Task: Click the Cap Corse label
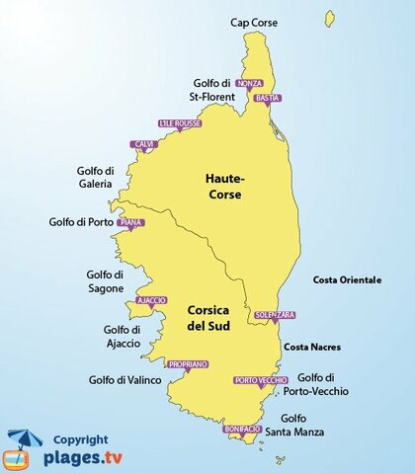(254, 22)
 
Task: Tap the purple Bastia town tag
(268, 99)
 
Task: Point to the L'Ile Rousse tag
(178, 124)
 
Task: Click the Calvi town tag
(145, 144)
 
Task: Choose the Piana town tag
(130, 223)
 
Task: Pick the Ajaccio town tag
(151, 300)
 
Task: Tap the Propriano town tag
(188, 364)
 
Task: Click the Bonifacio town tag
(242, 429)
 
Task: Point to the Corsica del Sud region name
(214, 317)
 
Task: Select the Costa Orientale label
(347, 280)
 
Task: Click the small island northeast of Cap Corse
(329, 18)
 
